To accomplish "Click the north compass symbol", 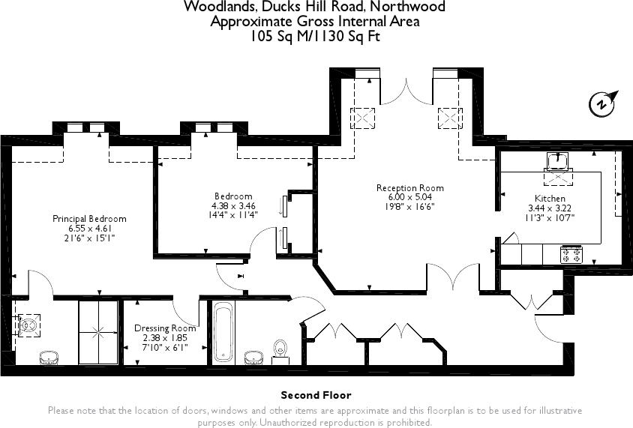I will pyautogui.click(x=603, y=103).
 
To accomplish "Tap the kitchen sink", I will pyautogui.click(x=557, y=160).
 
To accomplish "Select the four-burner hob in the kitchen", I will pyautogui.click(x=571, y=254).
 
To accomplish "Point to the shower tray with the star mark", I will pyautogui.click(x=98, y=332).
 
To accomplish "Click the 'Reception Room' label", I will pyautogui.click(x=409, y=188).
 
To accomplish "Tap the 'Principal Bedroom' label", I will pyautogui.click(x=89, y=219).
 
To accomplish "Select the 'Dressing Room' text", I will pyautogui.click(x=165, y=328).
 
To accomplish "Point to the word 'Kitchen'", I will pyautogui.click(x=550, y=199).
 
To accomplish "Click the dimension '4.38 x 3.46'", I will pyautogui.click(x=233, y=205).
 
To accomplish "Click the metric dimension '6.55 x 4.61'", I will pyautogui.click(x=89, y=229).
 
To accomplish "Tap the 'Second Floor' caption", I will pyautogui.click(x=316, y=395).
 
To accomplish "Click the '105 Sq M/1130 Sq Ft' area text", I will pyautogui.click(x=315, y=36).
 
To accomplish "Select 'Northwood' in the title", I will pyautogui.click(x=411, y=7).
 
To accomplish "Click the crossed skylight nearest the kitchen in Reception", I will pyautogui.click(x=450, y=118).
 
